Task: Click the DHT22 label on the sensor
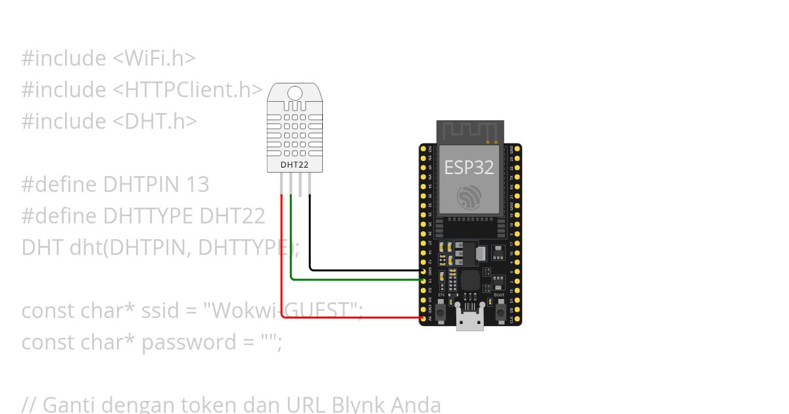[295, 164]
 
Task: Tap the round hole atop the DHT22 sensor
[295, 94]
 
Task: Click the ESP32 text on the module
[469, 167]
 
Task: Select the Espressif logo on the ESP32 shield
[469, 196]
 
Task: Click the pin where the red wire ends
[423, 318]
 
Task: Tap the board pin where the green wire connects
[423, 280]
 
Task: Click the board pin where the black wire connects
[423, 270]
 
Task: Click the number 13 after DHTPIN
[197, 184]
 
